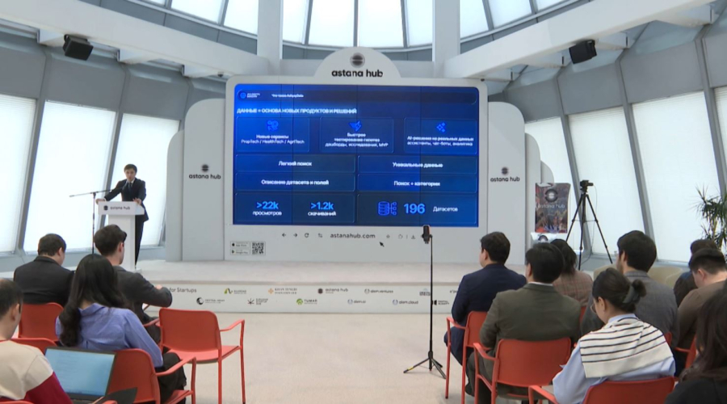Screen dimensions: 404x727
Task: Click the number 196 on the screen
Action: [x=414, y=208]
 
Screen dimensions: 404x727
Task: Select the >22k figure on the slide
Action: [x=267, y=205]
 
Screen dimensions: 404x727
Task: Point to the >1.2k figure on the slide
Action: [x=323, y=205]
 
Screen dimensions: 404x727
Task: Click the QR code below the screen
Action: [x=258, y=248]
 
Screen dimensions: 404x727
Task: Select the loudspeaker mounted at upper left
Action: [x=78, y=48]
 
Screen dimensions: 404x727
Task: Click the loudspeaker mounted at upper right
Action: [x=582, y=52]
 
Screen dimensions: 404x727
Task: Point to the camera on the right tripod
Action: [x=585, y=185]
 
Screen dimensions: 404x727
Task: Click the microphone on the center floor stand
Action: [x=426, y=234]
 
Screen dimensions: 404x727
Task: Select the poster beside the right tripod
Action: [x=552, y=207]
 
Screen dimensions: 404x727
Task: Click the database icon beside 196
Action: [x=387, y=208]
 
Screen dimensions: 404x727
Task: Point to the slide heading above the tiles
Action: [x=296, y=111]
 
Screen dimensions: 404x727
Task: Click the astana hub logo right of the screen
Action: [x=505, y=175]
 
